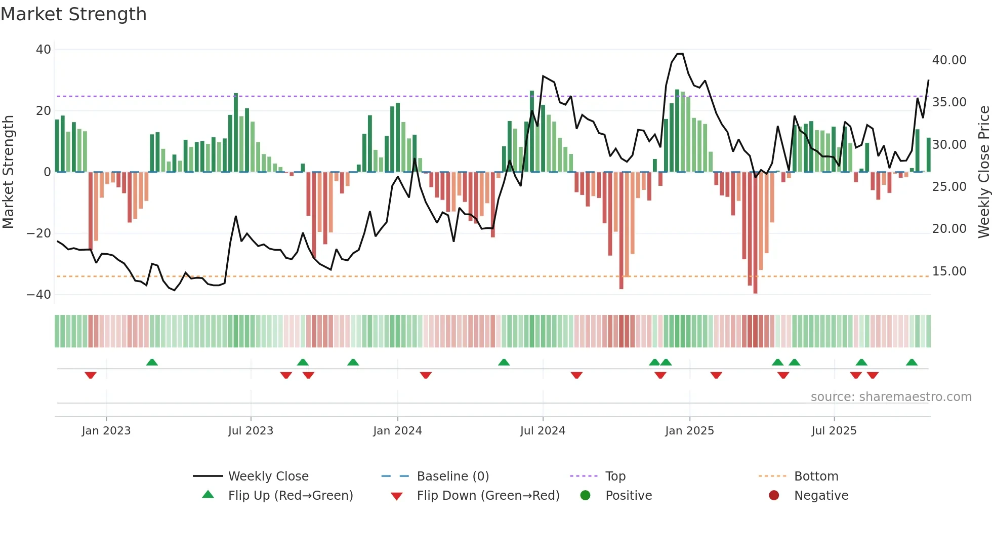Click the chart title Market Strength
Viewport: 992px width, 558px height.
[x=73, y=14]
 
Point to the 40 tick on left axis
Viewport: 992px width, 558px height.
[x=44, y=50]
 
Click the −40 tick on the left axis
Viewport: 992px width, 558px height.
[x=39, y=295]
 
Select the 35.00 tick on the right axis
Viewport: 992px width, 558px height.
[x=949, y=102]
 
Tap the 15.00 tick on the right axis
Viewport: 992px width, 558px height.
[x=949, y=271]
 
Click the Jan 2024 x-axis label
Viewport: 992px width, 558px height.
[x=397, y=431]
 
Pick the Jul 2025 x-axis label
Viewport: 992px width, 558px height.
[x=834, y=431]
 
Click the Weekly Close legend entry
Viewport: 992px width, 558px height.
[x=268, y=476]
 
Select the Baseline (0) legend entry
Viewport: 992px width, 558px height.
[x=452, y=476]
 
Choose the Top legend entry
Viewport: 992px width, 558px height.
[x=615, y=476]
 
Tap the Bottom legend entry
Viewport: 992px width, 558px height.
[x=816, y=476]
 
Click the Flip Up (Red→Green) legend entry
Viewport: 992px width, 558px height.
[x=290, y=496]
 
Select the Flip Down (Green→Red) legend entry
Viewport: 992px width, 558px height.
[x=488, y=496]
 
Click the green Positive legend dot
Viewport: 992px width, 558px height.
[x=585, y=496]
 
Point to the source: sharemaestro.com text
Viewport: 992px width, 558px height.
[x=891, y=397]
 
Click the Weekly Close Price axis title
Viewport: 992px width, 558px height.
[x=983, y=172]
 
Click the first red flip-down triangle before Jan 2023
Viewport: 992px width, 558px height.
[x=91, y=375]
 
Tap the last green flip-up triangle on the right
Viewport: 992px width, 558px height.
[x=912, y=362]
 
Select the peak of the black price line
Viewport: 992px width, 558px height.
[x=680, y=54]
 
